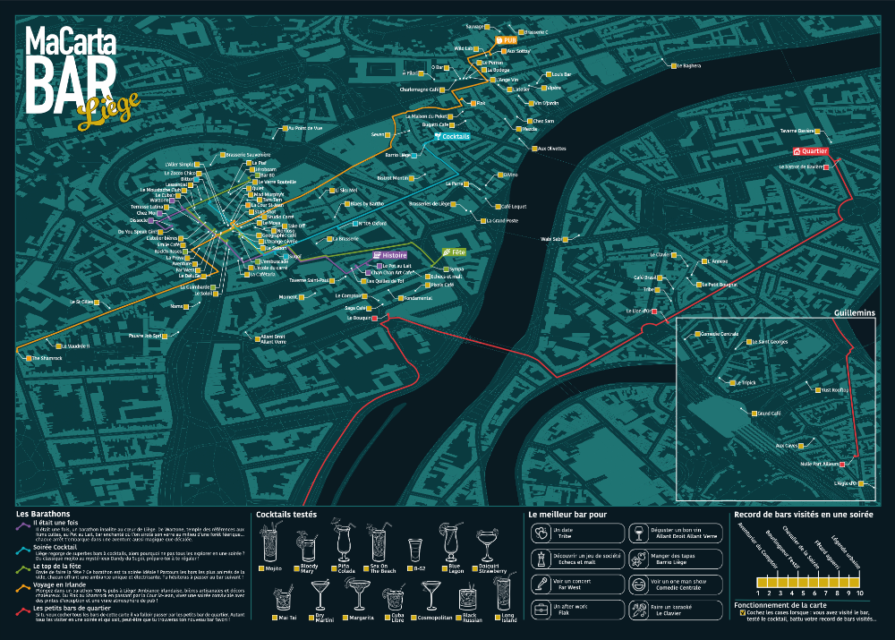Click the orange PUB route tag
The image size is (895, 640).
point(507,40)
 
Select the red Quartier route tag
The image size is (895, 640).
point(810,151)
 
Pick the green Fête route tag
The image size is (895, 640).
point(455,252)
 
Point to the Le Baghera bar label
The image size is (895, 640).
point(688,65)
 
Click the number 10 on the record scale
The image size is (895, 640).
point(861,593)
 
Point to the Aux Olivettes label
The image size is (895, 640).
point(550,148)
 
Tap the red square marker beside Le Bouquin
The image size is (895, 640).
point(375,318)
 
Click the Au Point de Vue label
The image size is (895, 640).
point(305,128)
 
